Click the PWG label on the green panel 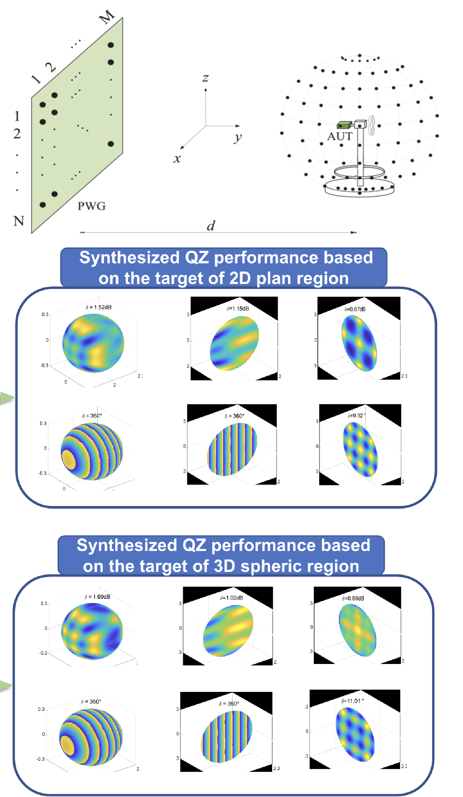(92, 206)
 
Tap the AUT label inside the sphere (340, 136)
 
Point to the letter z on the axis (206, 77)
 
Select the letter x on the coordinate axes (177, 159)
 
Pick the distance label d (211, 226)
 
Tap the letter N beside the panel (18, 221)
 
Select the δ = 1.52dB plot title (99, 307)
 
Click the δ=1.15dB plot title (237, 309)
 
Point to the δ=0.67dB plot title (355, 309)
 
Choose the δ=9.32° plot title (357, 416)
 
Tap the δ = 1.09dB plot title (97, 597)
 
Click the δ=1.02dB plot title (232, 598)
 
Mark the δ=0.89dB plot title (353, 598)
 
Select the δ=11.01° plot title (352, 701)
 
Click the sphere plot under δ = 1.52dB (93, 343)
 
